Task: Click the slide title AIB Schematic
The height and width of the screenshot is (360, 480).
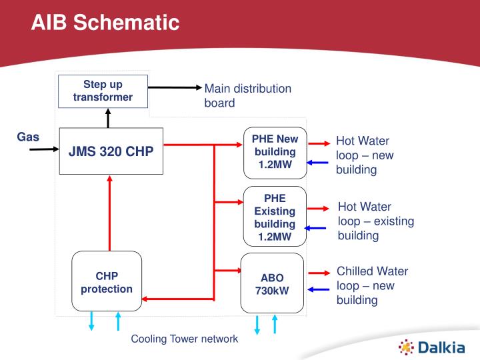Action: pos(105,23)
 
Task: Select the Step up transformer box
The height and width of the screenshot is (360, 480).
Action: pos(103,91)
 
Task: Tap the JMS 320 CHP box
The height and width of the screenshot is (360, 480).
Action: pos(111,151)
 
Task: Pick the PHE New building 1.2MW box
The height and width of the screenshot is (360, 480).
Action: pos(275,153)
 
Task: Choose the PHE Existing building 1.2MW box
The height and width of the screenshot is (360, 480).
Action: pos(275,217)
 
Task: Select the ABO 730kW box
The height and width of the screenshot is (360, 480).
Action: pos(272,283)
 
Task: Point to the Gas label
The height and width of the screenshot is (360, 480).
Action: pos(28,137)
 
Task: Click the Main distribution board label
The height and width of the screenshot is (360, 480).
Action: pos(247,95)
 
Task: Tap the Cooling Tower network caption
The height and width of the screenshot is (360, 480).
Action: pos(184,339)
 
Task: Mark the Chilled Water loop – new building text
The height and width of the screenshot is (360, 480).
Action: pos(372,285)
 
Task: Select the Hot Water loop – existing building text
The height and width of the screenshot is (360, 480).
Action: pos(375,221)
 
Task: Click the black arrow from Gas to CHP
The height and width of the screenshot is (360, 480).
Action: pos(45,149)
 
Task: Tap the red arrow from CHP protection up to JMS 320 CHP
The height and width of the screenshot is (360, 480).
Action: pos(107,213)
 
